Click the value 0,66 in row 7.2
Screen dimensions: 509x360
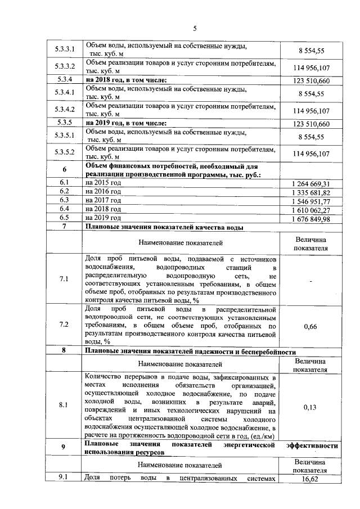(310, 325)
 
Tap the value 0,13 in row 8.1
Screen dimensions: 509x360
(310, 407)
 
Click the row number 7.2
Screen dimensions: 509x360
(64, 325)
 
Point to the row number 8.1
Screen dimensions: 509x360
(64, 404)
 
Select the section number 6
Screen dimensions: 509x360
(64, 170)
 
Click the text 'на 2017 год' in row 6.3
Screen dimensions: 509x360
(103, 200)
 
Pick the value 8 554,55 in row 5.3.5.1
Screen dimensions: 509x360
(311, 136)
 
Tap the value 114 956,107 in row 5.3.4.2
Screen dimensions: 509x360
(311, 110)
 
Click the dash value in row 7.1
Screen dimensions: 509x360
(310, 280)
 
